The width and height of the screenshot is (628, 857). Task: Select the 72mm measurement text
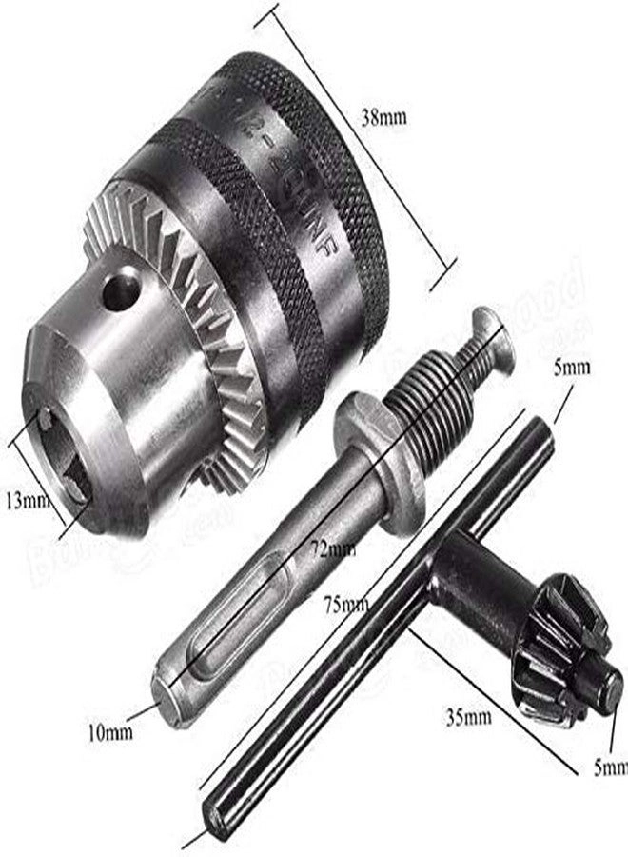(338, 550)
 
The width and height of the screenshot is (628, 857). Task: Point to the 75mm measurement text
(345, 604)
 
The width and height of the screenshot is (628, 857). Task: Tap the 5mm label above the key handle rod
(579, 366)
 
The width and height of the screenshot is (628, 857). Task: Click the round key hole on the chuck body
(120, 289)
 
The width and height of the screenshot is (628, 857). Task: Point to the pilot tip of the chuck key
(609, 686)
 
